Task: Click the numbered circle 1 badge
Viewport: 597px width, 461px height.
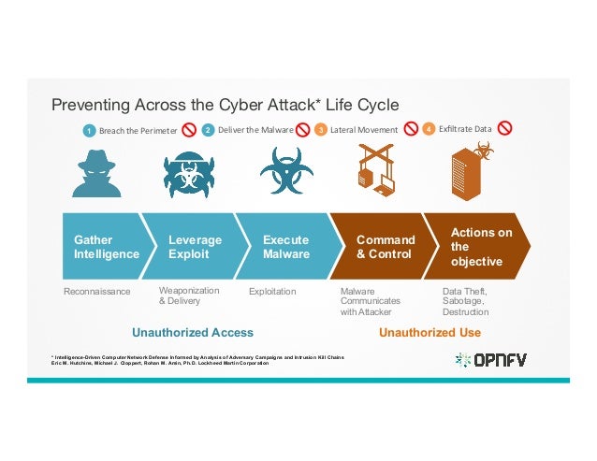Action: point(89,131)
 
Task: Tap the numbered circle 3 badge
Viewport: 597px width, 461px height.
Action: point(320,130)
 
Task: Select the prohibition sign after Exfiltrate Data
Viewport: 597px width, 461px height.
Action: point(505,129)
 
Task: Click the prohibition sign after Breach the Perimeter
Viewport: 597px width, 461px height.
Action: point(188,130)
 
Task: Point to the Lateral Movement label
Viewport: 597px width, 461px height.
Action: point(363,130)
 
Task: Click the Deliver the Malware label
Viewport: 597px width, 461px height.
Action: point(255,130)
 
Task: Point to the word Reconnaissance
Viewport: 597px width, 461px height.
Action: point(96,292)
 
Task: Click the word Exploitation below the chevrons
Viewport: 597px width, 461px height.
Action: point(272,292)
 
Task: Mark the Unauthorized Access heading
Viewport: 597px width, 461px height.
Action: point(193,332)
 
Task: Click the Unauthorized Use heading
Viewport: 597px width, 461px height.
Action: point(430,332)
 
